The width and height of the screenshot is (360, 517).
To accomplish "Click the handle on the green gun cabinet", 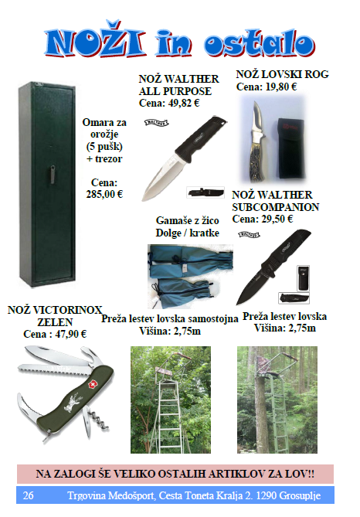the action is [x=53, y=174].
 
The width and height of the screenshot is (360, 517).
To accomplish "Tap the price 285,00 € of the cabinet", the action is [x=104, y=194].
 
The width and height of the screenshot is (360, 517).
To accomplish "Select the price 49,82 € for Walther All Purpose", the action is [x=183, y=104].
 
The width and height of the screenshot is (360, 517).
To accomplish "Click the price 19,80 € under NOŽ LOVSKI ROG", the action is [x=281, y=87].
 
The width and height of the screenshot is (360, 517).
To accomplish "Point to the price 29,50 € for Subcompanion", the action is [x=277, y=219].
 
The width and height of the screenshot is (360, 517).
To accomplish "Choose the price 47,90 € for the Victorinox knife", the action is [x=71, y=334].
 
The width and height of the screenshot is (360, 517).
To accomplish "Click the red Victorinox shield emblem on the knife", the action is [x=92, y=384].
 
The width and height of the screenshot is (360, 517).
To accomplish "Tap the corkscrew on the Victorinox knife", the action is [x=100, y=421].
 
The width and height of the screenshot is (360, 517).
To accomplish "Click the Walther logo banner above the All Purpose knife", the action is [x=157, y=123].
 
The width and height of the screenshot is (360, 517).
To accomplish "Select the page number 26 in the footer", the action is [x=28, y=495].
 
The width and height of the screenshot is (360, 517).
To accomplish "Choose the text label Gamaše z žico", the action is [x=187, y=220].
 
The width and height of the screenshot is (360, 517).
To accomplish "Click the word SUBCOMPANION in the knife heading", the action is [x=276, y=207].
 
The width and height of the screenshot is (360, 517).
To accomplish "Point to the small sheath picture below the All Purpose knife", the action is [x=205, y=192].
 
